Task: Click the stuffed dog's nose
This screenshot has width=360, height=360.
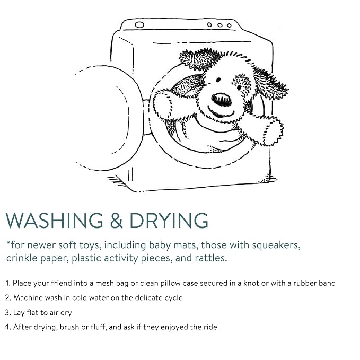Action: coord(221,100)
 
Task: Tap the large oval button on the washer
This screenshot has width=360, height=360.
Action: coord(139,24)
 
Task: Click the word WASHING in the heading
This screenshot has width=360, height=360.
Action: coord(55,220)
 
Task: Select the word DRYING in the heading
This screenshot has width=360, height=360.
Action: coord(169,220)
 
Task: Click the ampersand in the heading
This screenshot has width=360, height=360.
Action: coord(116,220)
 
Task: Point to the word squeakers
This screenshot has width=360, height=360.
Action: coord(276,245)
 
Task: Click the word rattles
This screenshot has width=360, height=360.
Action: coord(211,258)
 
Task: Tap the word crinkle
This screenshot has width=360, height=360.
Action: coord(21,258)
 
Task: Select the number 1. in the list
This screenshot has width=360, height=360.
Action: coord(8,283)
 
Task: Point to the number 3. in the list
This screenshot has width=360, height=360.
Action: coord(8,312)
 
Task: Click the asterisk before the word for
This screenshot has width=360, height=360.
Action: coord(8,243)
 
